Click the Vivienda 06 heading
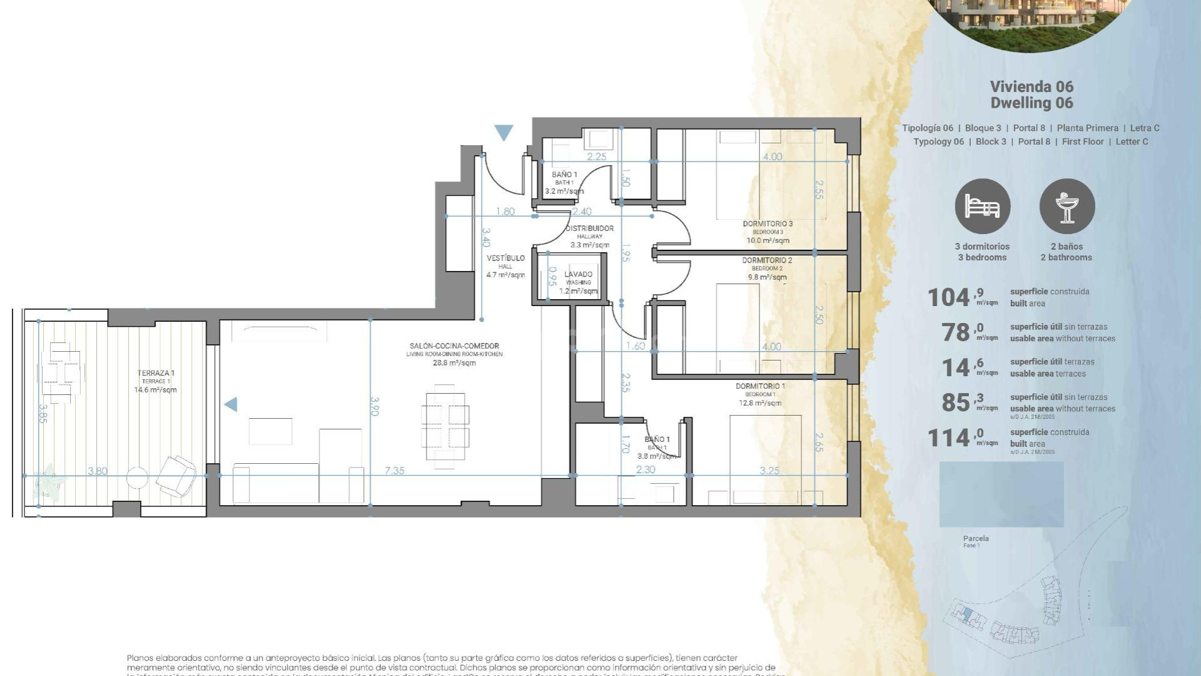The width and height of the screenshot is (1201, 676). coord(1031,87)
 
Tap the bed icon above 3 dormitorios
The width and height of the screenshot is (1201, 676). coord(982,207)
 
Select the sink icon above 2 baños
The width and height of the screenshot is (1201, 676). coord(1067,207)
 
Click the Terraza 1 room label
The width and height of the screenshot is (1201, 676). coord(156,374)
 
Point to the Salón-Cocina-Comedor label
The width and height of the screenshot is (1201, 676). coord(454,346)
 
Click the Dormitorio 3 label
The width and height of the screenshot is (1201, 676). coord(768,224)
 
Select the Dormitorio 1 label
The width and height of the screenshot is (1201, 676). coord(760,387)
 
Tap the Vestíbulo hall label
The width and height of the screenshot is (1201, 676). coord(505,259)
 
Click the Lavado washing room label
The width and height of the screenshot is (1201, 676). coord(578,275)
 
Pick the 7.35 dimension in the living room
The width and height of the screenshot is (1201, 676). coord(394,471)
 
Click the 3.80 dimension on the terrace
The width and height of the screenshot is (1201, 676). coord(97,471)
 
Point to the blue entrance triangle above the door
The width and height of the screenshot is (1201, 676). coord(504,132)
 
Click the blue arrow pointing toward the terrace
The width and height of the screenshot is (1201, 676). coord(231,404)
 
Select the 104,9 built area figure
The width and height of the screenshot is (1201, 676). coord(948,298)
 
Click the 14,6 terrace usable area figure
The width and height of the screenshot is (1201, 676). coord(955,368)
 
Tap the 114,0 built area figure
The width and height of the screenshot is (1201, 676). coord(948,438)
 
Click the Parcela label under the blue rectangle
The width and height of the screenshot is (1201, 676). coord(976,538)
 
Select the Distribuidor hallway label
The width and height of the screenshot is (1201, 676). coord(589,229)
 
